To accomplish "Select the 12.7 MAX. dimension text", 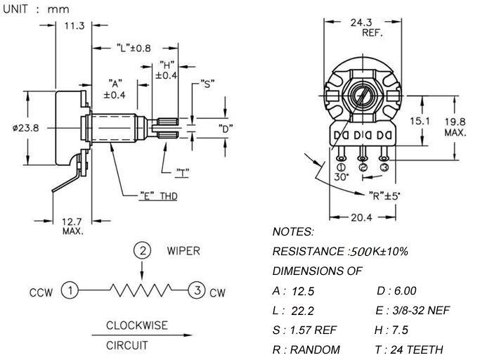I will click(x=73, y=226).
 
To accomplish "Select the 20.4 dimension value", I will click(x=363, y=217).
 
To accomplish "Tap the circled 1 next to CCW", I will click(x=70, y=290).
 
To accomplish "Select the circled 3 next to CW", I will click(x=197, y=290).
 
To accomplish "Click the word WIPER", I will click(x=184, y=250).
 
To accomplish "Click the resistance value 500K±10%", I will click(x=378, y=252).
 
